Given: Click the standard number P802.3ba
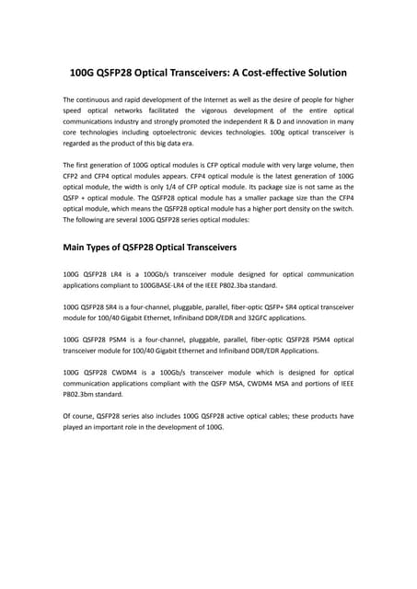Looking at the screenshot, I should [243, 285].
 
